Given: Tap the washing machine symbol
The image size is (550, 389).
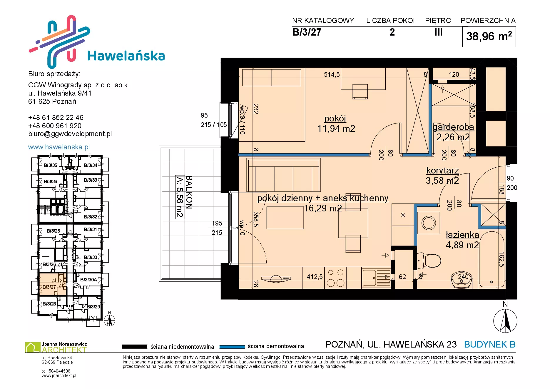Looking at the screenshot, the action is (429, 223).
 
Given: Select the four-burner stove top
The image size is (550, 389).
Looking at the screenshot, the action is (335, 278).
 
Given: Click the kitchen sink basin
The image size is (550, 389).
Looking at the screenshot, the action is (369, 278).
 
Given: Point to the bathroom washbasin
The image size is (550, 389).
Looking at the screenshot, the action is (461, 281).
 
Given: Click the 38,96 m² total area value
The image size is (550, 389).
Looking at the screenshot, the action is (489, 36).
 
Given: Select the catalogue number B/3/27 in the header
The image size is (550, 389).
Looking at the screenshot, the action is (307, 32).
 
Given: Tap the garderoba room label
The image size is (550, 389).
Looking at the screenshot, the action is (453, 127).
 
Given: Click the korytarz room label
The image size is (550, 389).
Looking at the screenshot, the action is (442, 171).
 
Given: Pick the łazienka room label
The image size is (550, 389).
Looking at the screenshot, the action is (462, 235).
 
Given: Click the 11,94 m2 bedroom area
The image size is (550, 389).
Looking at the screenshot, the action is (336, 128).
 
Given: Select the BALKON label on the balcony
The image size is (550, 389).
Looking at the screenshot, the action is (189, 192).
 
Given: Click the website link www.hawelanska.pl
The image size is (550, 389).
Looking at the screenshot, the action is (59, 147).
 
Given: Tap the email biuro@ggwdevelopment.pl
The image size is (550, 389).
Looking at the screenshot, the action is (70, 134).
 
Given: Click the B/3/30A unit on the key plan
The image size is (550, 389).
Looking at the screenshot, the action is (88, 280).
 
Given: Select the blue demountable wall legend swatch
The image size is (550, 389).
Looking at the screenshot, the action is (232, 347).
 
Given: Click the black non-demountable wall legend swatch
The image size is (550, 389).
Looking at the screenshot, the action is (134, 347).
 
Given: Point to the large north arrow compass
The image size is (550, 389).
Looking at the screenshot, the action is (505, 321).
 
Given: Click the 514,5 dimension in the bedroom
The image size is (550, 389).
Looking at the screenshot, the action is (332, 75).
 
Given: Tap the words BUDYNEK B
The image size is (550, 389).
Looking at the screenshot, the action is (490, 344).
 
